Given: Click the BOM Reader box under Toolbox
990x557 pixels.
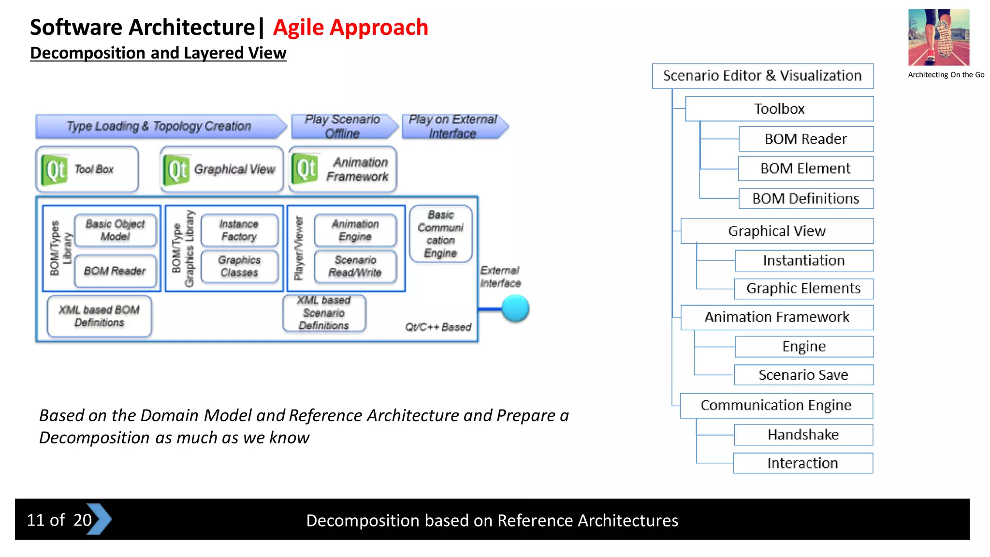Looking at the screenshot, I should (806, 139).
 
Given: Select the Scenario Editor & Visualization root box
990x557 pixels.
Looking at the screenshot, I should (762, 76).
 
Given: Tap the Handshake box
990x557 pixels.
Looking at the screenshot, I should (803, 435).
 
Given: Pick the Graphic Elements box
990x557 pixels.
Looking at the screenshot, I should (803, 289).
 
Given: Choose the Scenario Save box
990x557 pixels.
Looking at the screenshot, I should (803, 375).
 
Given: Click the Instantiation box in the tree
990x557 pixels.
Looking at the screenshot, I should (804, 261).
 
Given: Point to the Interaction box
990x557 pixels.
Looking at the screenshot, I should (802, 463).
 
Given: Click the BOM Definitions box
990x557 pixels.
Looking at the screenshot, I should (806, 199).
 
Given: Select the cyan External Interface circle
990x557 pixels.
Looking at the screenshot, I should (515, 308).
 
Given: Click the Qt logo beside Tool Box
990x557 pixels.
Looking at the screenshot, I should (55, 170).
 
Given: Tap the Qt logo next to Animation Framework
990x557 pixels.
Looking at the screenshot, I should (306, 169).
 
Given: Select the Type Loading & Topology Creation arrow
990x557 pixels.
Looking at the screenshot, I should (160, 127).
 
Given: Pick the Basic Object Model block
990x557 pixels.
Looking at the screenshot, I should (115, 230).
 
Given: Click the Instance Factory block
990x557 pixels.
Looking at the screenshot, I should (239, 230).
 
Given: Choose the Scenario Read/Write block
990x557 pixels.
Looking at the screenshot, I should (355, 266).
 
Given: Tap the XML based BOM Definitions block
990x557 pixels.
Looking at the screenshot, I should (99, 316).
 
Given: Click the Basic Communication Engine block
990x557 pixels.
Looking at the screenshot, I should (440, 234).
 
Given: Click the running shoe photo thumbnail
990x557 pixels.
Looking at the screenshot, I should (938, 37).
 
